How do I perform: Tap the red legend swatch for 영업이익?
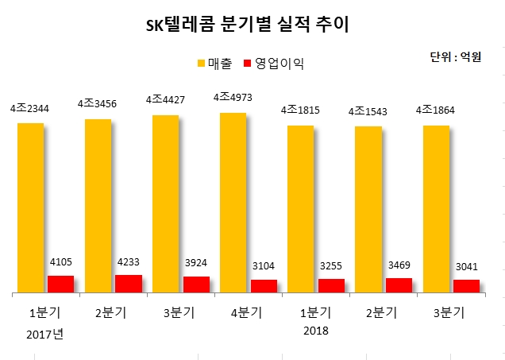tap(247, 62)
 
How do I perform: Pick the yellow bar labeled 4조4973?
tap(233, 203)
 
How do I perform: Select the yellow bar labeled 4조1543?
tap(368, 210)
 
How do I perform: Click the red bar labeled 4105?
tap(60, 285)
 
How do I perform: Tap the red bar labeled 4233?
tap(129, 284)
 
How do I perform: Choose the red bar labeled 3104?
tap(264, 286)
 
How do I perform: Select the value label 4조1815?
tap(301, 110)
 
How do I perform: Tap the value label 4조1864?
tap(436, 110)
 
